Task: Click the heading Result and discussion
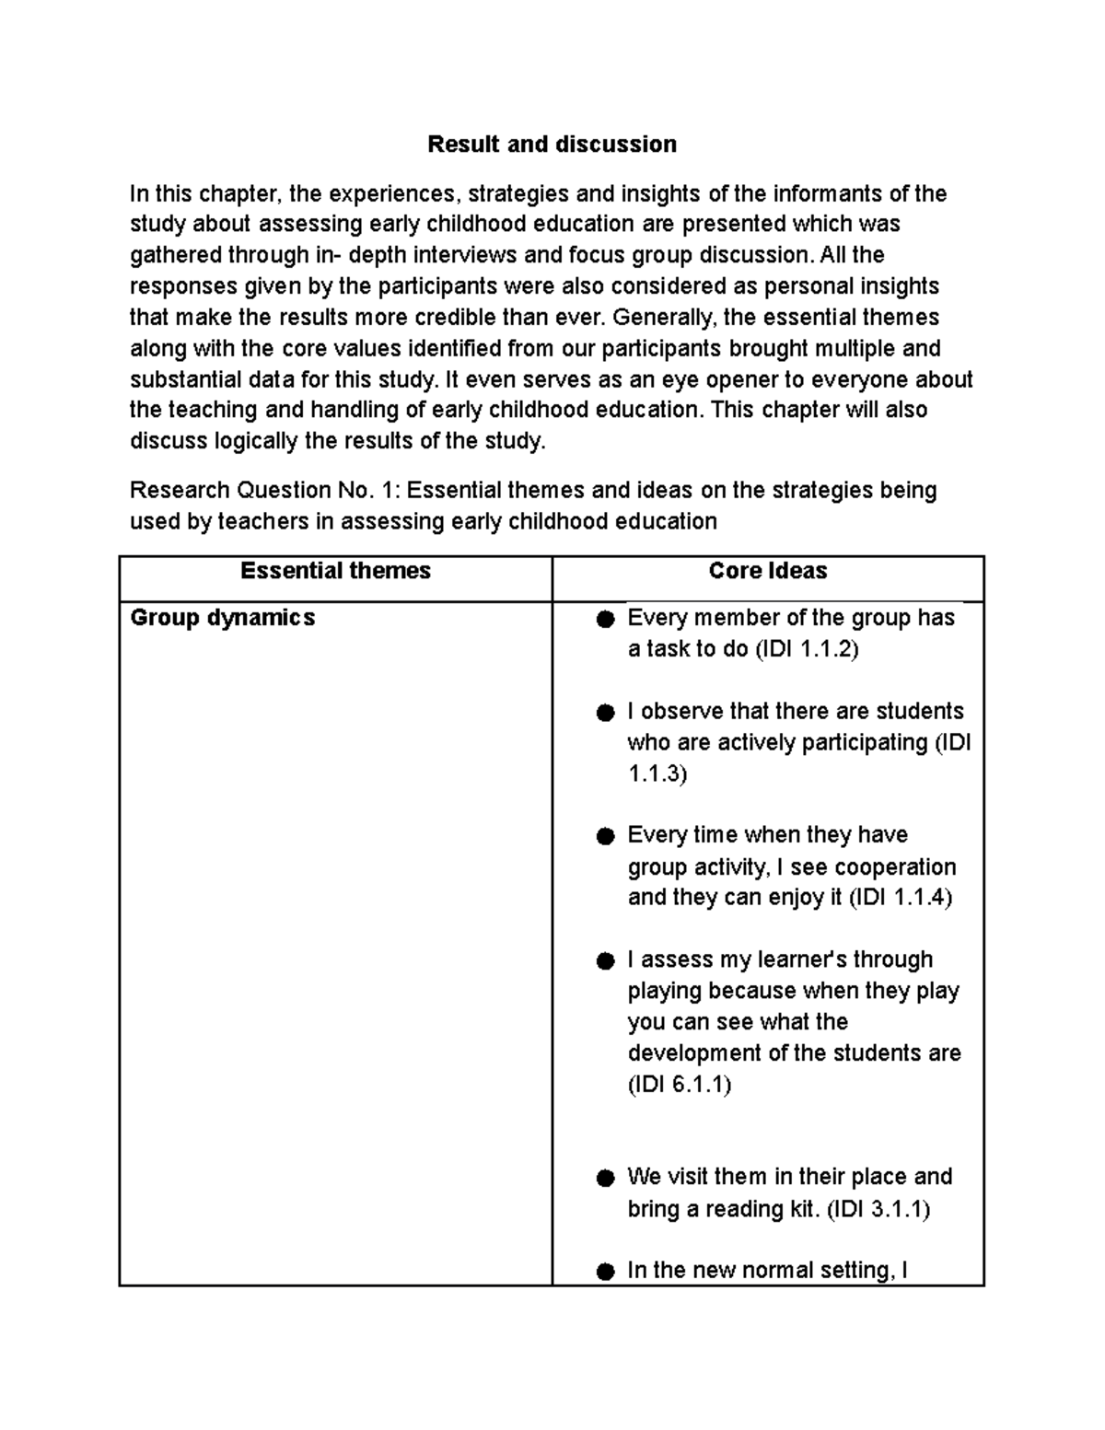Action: click(x=552, y=145)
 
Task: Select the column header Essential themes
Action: click(x=335, y=571)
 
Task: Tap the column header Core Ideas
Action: click(x=768, y=571)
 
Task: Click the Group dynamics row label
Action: click(x=223, y=618)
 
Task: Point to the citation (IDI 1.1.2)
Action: click(x=807, y=649)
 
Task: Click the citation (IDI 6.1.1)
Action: click(x=680, y=1085)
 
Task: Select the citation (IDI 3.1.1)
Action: click(x=878, y=1209)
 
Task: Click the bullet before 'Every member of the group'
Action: click(x=605, y=620)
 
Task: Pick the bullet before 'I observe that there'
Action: click(x=605, y=713)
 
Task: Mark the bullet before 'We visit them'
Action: click(x=605, y=1179)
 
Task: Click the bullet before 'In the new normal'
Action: click(x=605, y=1272)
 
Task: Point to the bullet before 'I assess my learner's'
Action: click(x=605, y=961)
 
